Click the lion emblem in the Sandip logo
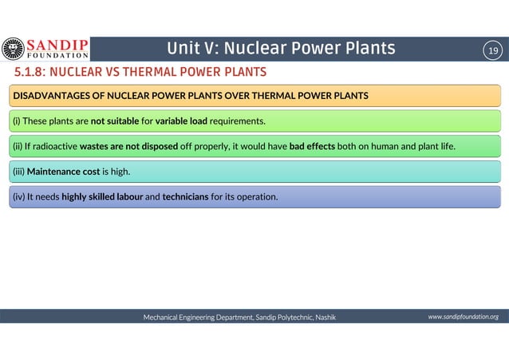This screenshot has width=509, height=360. click(14, 49)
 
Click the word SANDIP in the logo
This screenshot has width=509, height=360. click(58, 44)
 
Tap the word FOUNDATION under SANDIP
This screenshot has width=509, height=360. click(58, 56)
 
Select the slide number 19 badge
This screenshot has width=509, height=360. click(493, 50)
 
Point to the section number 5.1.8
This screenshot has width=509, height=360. click(26, 73)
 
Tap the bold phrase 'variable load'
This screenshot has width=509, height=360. click(181, 121)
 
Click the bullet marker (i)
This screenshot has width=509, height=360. click(15, 121)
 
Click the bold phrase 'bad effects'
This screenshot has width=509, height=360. click(312, 146)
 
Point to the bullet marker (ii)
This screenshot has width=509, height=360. click(17, 146)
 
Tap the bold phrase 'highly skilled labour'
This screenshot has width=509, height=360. click(102, 196)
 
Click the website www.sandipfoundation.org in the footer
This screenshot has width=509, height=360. click(463, 317)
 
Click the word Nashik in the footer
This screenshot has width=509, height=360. click(325, 317)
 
